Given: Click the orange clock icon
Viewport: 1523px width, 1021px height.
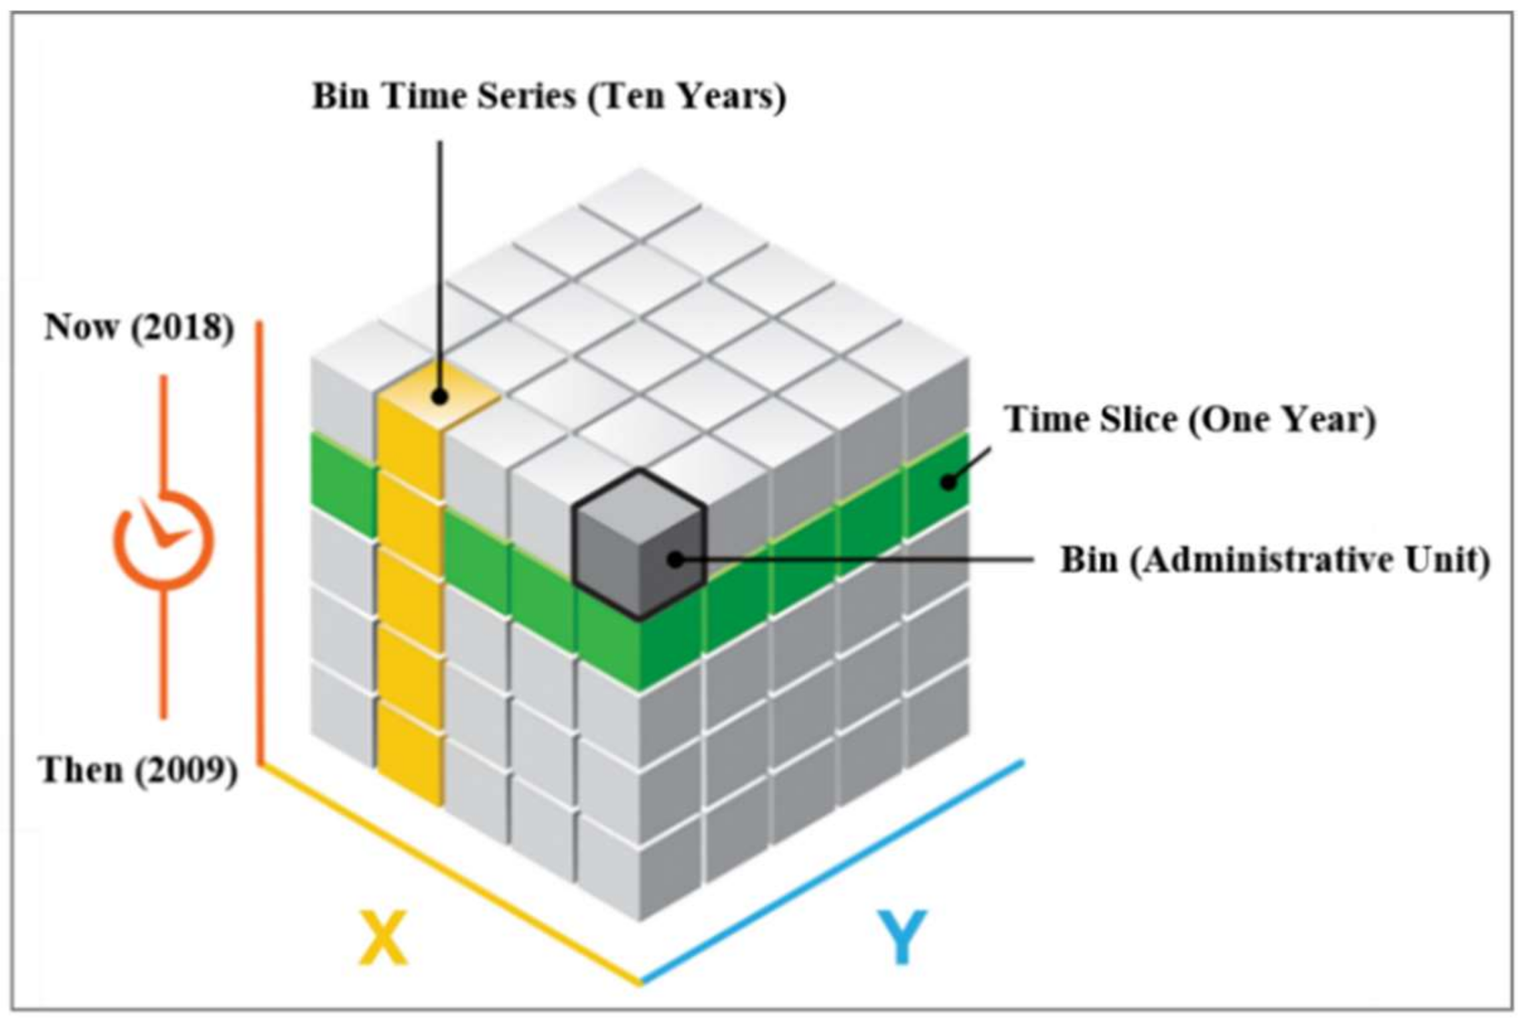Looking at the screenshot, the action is [x=163, y=540].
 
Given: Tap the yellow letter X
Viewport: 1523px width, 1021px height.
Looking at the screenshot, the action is [x=383, y=937].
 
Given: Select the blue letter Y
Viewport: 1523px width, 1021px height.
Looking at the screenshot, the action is [x=903, y=936].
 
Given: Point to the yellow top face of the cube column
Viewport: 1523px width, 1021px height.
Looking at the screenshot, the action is [x=439, y=397].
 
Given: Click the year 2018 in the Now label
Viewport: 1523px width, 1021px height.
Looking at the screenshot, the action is [x=182, y=328].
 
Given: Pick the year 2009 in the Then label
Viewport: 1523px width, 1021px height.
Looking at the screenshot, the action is [x=186, y=770].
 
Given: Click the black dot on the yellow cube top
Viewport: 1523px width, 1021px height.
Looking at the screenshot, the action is [x=439, y=397].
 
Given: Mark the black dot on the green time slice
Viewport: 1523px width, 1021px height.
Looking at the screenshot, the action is [x=947, y=481].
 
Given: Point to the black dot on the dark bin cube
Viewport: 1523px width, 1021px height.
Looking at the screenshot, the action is [x=676, y=559].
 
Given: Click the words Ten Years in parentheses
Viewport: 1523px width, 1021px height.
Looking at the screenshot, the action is [x=687, y=96].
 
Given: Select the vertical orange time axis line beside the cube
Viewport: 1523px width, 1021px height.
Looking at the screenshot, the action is [x=260, y=543].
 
